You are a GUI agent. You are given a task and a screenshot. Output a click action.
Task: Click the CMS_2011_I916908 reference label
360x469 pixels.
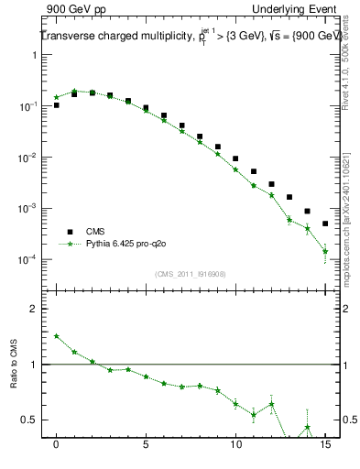tap(190, 273)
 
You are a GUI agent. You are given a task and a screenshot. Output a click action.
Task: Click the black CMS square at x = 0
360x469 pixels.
tap(57, 105)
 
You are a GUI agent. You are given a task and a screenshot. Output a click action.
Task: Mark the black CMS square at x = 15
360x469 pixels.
tap(325, 224)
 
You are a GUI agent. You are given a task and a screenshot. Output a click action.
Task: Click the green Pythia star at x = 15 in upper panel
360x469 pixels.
tap(325, 251)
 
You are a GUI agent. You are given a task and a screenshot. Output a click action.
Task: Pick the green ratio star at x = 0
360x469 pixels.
tap(57, 336)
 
